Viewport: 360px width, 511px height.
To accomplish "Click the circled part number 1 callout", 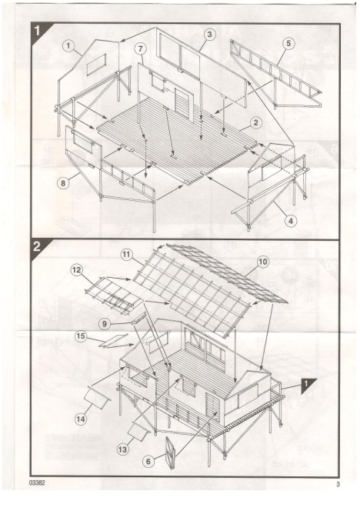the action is (68, 46).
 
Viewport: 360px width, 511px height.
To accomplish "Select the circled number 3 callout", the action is (209, 34).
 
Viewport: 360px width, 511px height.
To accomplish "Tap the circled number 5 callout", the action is (289, 44).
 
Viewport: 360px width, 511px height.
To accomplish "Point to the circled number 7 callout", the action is (141, 49).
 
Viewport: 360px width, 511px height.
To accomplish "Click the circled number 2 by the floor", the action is (256, 123).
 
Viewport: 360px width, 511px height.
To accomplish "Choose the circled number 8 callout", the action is (63, 183).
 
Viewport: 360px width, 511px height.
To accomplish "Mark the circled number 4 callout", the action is (291, 222).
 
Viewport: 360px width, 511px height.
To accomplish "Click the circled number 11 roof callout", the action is (127, 255).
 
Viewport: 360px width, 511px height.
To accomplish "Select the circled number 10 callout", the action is (263, 262).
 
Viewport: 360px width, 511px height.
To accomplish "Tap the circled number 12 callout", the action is (77, 270).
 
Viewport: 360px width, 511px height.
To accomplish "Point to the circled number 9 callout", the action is (105, 324).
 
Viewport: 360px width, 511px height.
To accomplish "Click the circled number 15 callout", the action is (81, 336).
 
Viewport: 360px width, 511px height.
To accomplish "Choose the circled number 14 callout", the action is (81, 419).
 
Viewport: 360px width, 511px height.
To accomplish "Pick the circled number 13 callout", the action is (122, 449).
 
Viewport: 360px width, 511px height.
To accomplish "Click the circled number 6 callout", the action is (148, 462).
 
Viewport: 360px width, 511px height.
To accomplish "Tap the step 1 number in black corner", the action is (37, 31).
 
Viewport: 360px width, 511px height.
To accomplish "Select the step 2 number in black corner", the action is (37, 246).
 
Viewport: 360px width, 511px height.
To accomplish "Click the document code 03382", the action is (37, 483).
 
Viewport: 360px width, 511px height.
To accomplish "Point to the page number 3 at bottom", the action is (338, 484).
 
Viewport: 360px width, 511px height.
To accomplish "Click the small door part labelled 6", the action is (170, 453).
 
